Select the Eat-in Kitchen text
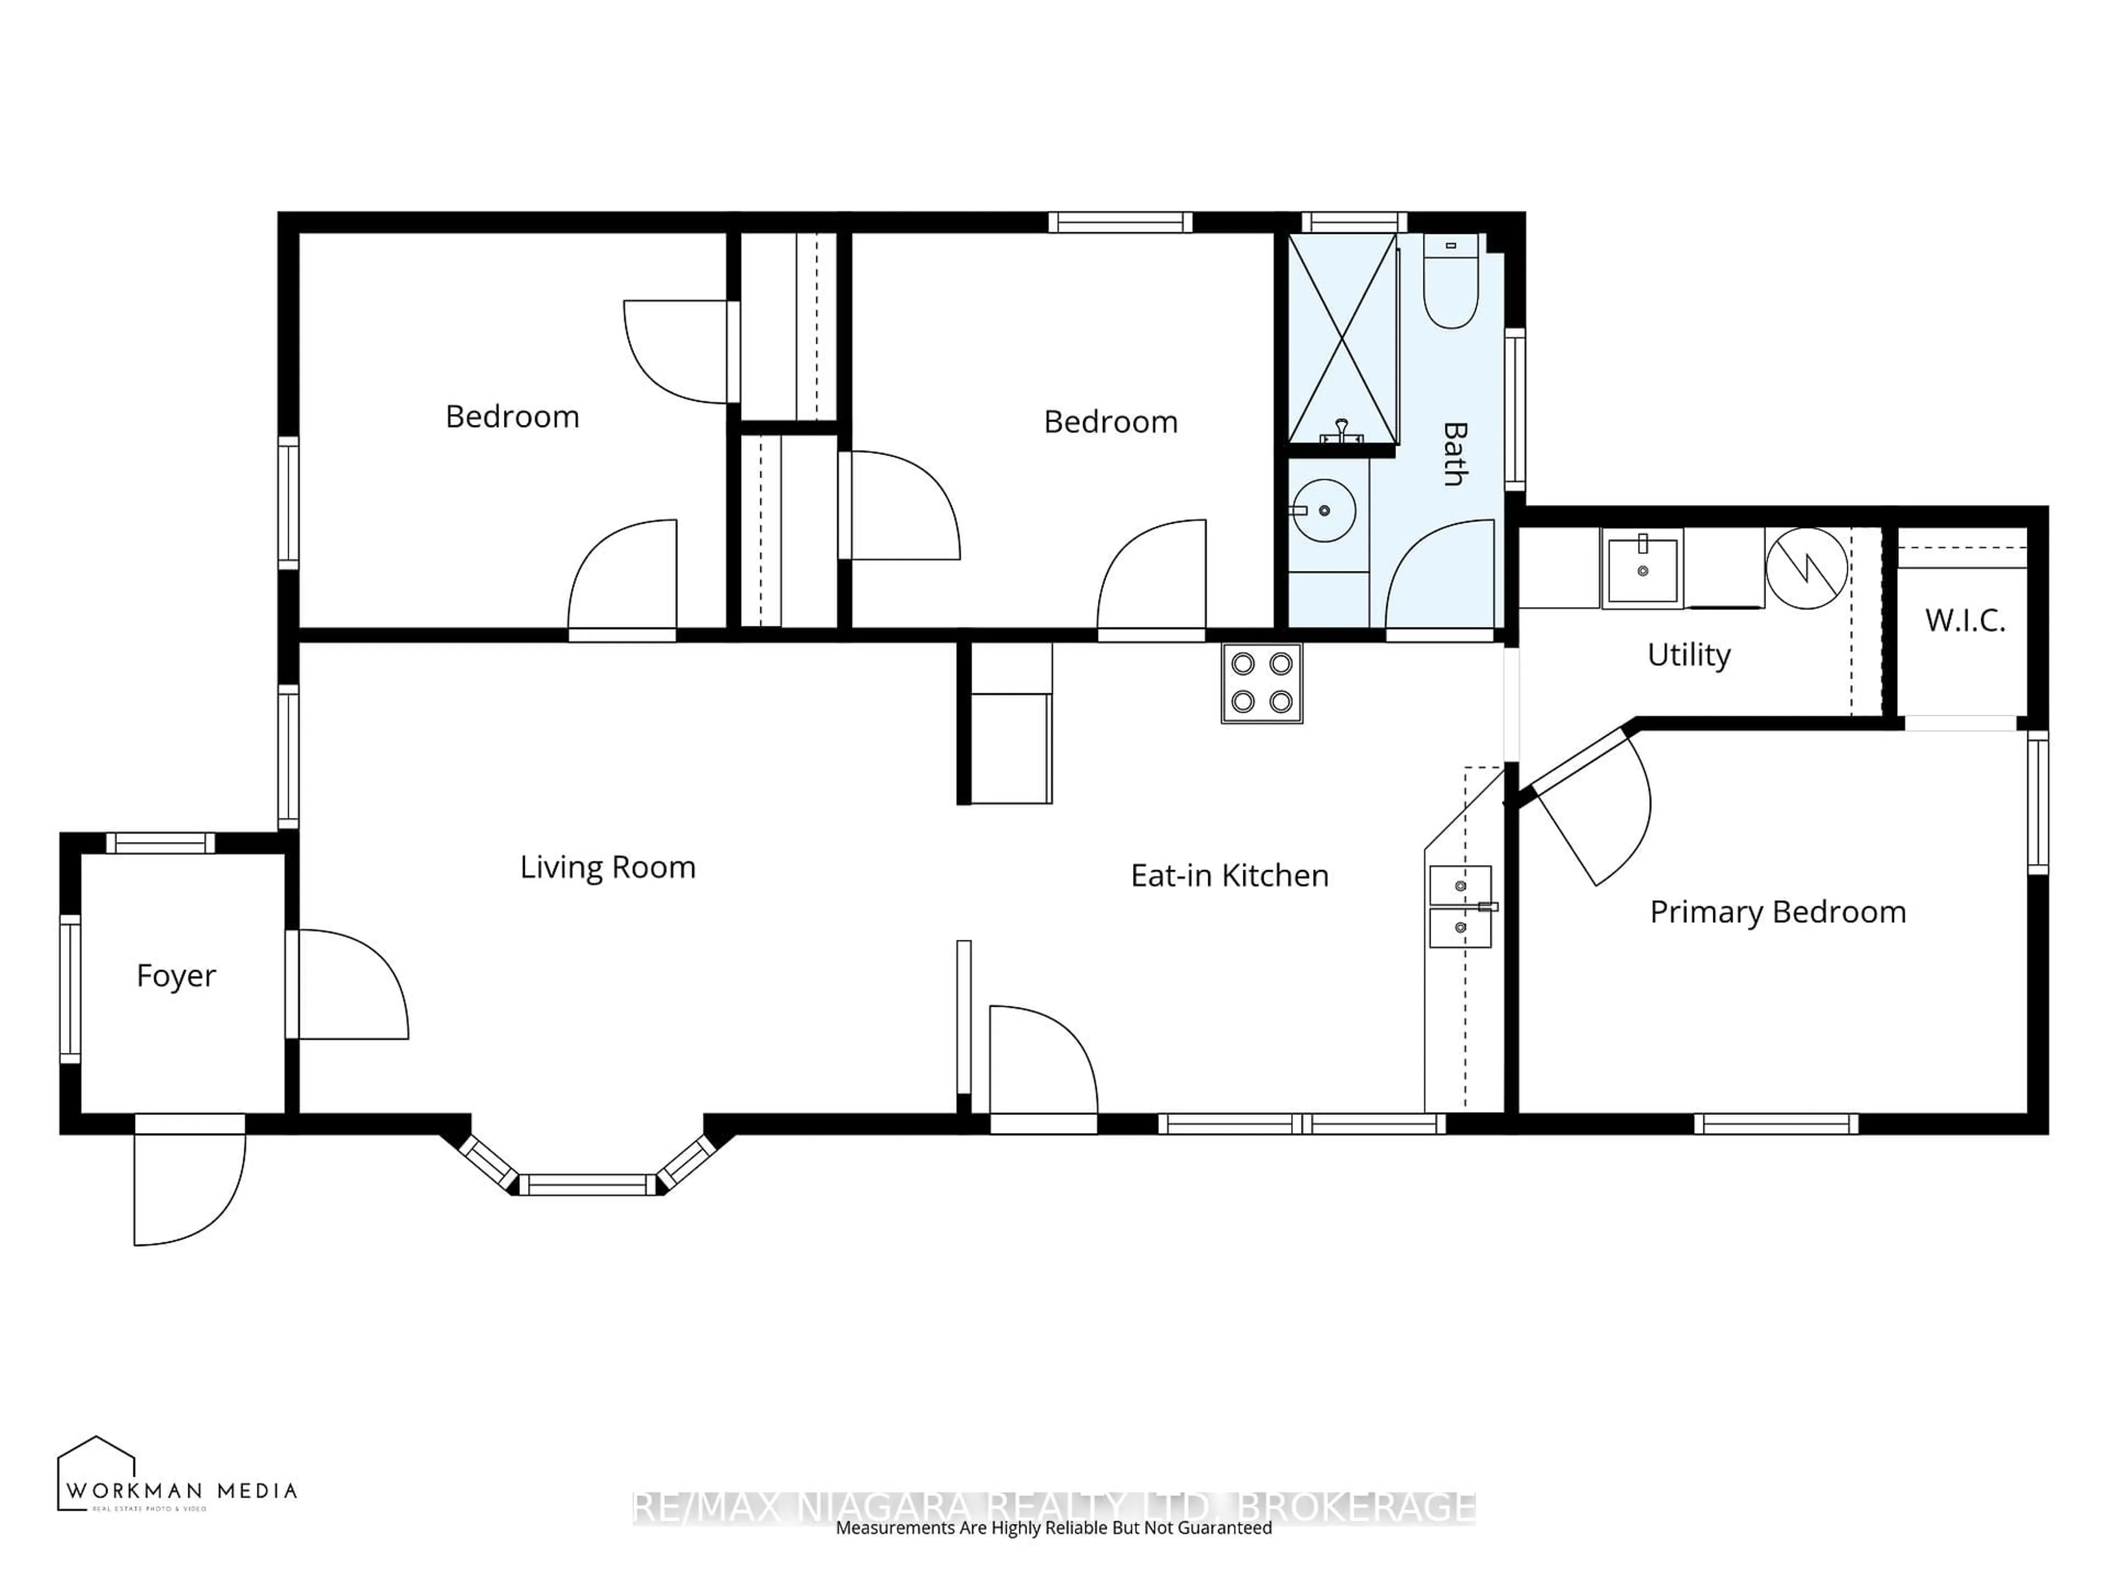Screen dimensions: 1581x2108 point(1229,875)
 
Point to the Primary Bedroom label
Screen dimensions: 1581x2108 point(1778,912)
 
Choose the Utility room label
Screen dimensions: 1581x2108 point(1689,655)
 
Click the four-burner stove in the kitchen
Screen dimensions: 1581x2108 point(1262,682)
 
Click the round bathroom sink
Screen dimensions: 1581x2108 point(1325,511)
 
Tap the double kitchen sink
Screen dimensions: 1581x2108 point(1460,906)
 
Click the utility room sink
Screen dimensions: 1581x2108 point(1642,569)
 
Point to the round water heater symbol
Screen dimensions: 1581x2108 point(1806,568)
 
